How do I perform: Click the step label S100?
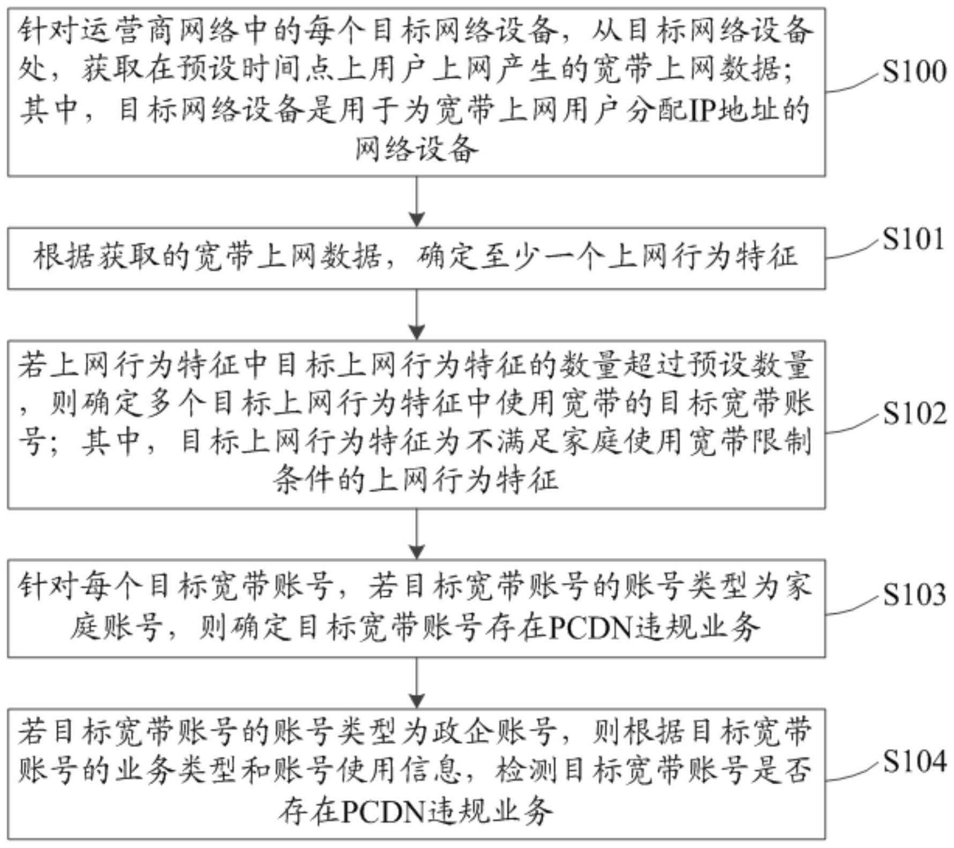point(914,71)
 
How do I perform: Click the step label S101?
point(913,238)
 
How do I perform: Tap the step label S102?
point(914,414)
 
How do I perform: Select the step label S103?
point(914,595)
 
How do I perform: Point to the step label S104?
point(914,761)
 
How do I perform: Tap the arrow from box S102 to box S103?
point(416,534)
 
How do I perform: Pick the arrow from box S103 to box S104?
point(416,682)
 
